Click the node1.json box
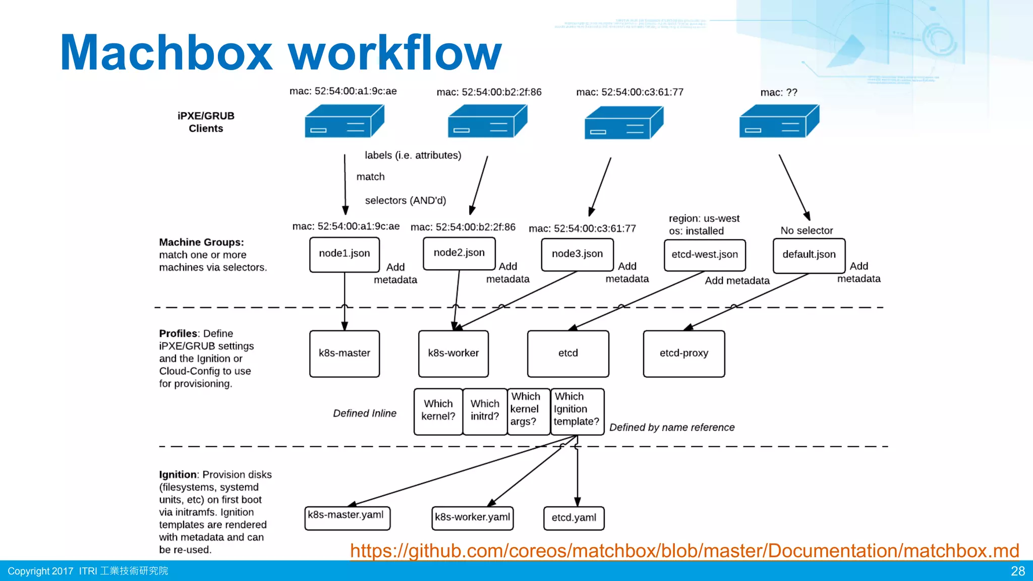pos(345,254)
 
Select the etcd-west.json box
pos(705,255)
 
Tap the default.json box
pos(809,255)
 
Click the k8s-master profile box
pos(345,354)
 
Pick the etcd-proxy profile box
pos(684,354)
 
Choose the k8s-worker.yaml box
pos(473,518)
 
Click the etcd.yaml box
pos(574,518)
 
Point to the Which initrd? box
pos(485,411)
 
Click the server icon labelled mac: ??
pos(779,122)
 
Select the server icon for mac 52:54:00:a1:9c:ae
pos(345,122)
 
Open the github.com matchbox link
pos(684,551)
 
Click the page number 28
pos(1017,571)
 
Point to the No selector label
pos(807,230)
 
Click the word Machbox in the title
pos(166,53)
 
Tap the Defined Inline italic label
pos(365,414)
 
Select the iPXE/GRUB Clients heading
pos(206,122)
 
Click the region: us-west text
pos(704,218)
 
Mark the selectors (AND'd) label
pos(406,201)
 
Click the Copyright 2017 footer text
pos(40,571)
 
